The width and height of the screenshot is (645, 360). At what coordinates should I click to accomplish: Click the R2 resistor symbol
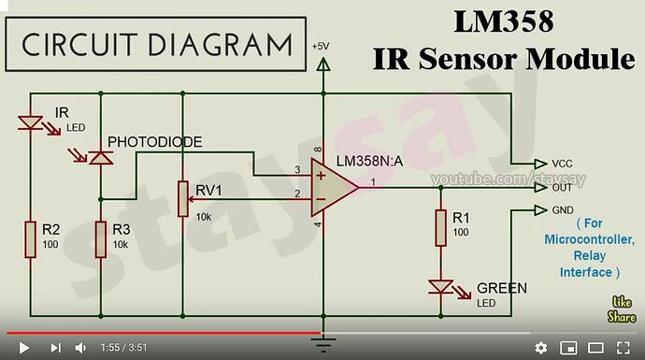31,239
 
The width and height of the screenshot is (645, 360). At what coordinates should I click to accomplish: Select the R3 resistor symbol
100,239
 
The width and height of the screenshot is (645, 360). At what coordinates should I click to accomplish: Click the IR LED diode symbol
31,122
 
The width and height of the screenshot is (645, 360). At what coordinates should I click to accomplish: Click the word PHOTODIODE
154,141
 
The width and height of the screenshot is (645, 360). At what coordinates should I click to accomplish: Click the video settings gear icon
541,347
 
